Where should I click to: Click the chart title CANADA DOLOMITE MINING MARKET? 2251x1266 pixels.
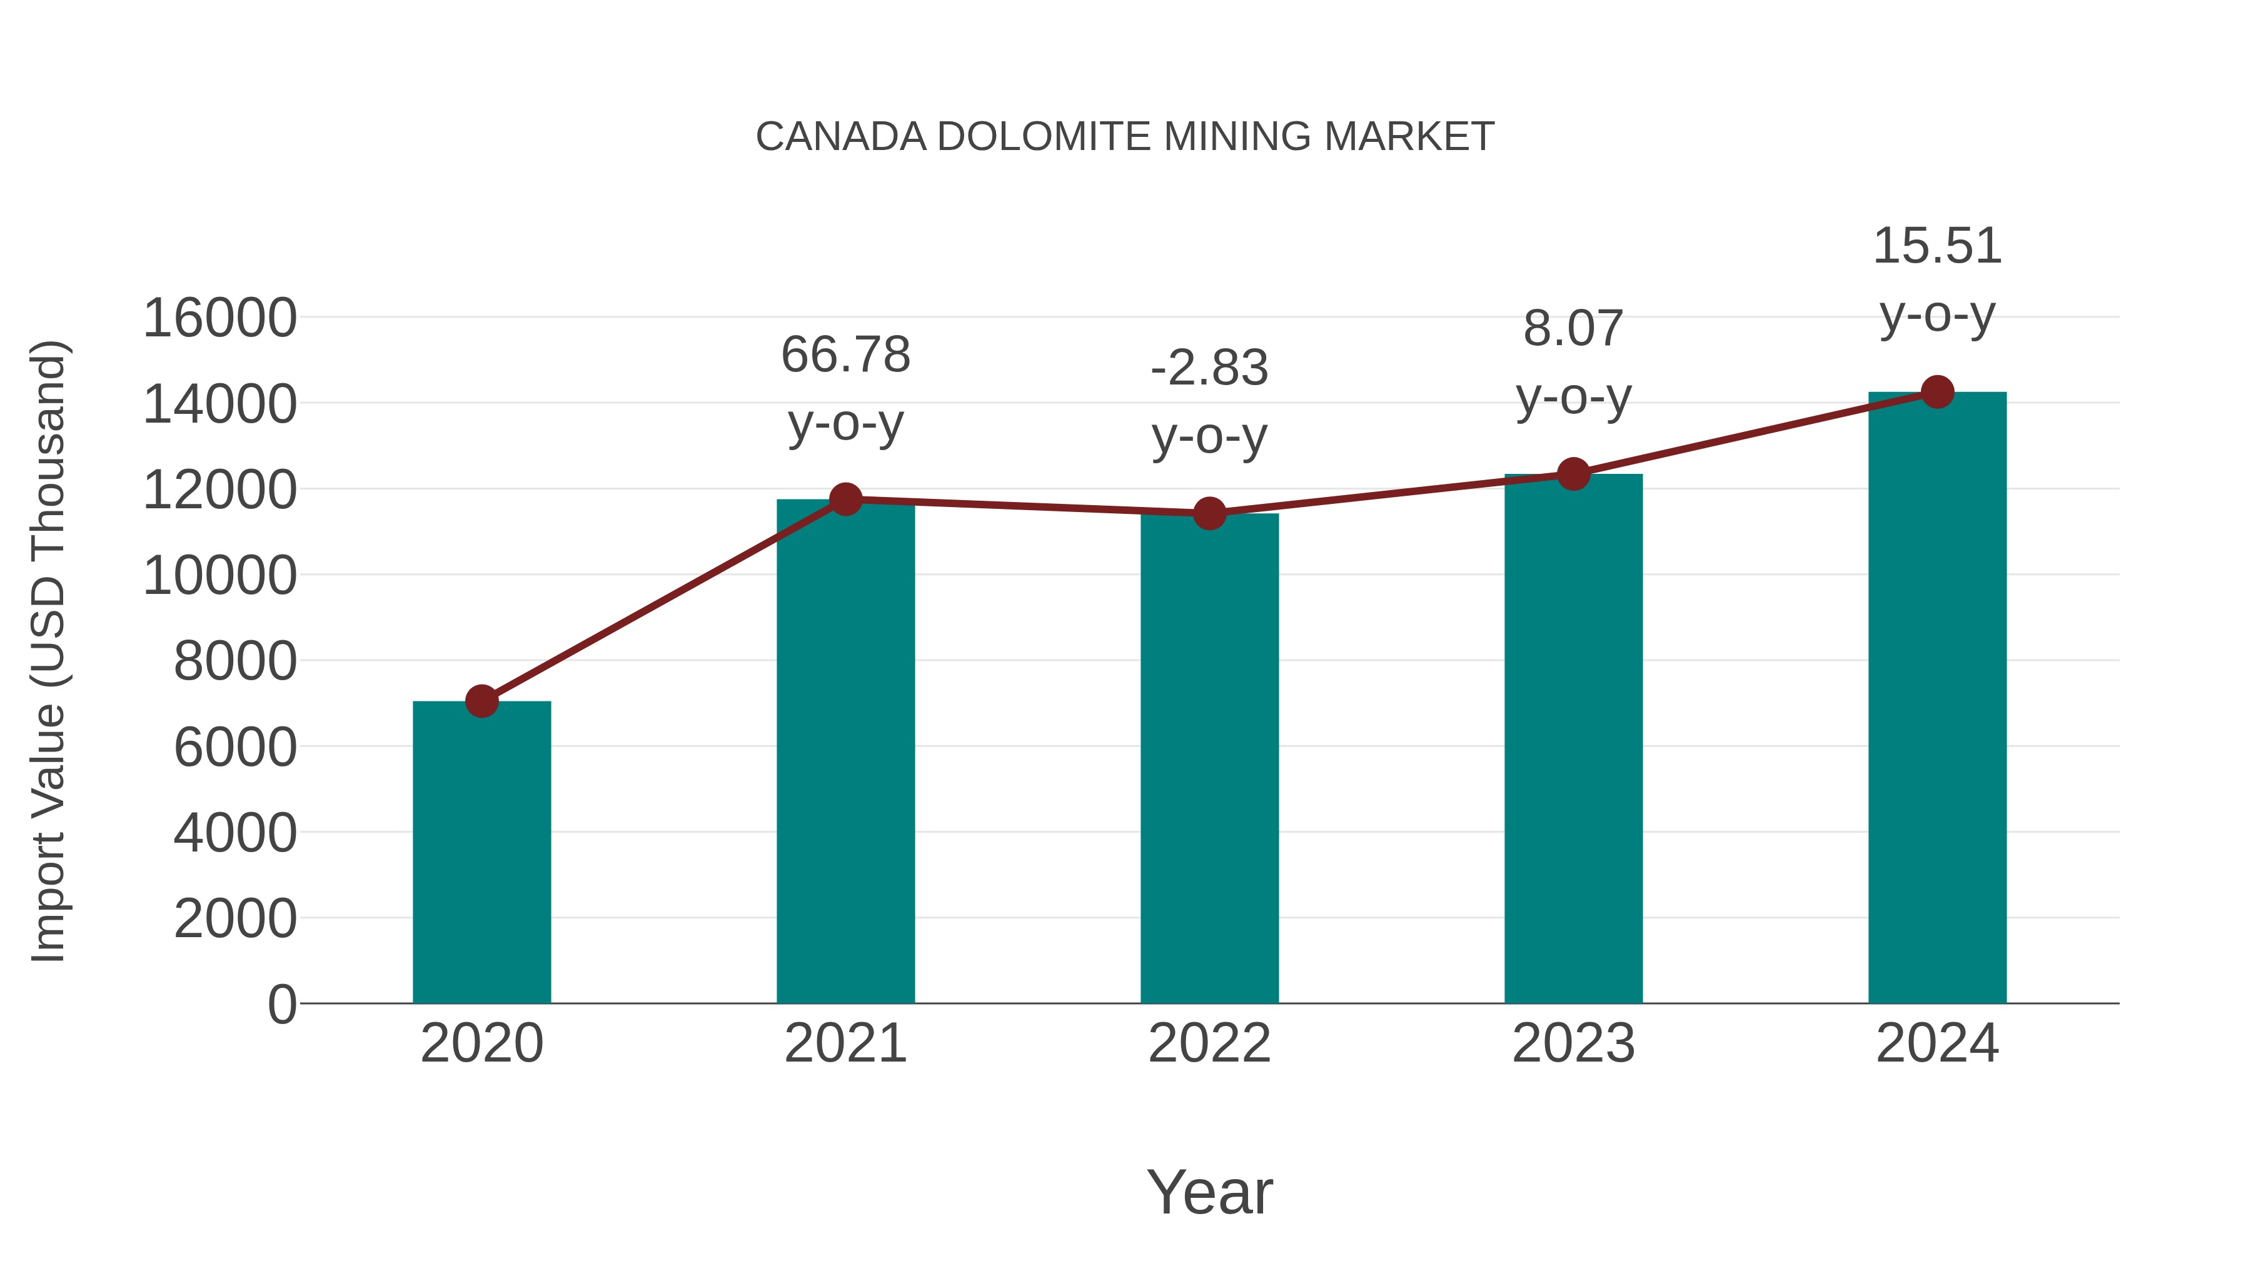tap(1125, 137)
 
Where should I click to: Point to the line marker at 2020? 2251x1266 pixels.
tap(481, 701)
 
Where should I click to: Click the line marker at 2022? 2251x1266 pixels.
tap(1209, 514)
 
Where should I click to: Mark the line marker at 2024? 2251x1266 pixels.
tap(1937, 392)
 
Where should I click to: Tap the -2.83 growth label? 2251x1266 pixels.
tap(1209, 368)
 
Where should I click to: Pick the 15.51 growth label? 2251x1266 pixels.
tap(1937, 246)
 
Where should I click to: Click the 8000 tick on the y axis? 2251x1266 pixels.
tap(235, 661)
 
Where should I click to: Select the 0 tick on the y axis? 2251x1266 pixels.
tap(282, 1004)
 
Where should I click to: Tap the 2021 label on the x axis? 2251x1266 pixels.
tap(845, 1043)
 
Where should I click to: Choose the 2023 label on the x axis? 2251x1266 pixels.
tap(1573, 1043)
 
